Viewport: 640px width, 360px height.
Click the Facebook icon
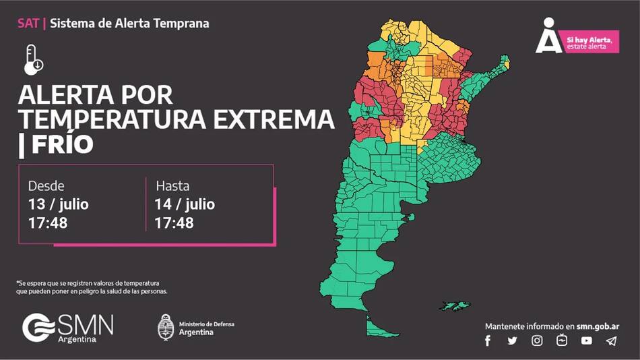[488, 340]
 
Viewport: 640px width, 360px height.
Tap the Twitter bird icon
[512, 340]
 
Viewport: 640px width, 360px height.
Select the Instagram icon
[537, 340]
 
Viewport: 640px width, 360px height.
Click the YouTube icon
[587, 340]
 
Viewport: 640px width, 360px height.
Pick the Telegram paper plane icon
[611, 340]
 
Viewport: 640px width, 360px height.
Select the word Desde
[46, 186]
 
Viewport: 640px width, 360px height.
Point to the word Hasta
[173, 186]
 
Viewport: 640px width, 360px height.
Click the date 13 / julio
[59, 204]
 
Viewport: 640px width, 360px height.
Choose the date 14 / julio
[185, 204]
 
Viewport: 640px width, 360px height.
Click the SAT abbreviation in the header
[28, 24]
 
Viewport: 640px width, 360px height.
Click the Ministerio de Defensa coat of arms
[166, 328]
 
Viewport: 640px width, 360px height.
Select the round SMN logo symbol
[38, 328]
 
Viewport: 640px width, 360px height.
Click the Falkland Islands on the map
[459, 306]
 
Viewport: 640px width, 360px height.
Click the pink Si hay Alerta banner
[591, 43]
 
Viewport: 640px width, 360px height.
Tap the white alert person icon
[549, 37]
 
